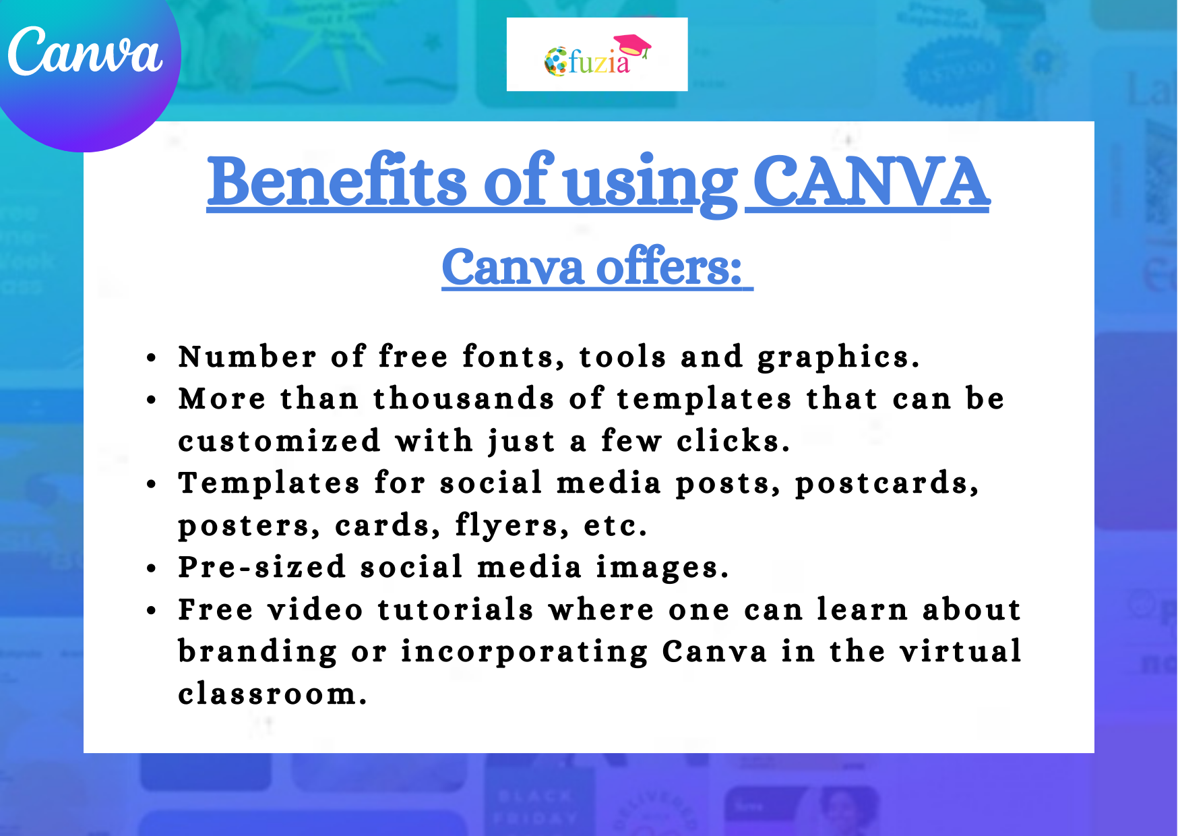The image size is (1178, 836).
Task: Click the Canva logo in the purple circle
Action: tap(85, 53)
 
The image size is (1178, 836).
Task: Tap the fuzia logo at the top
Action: tap(596, 56)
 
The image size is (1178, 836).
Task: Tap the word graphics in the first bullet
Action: tap(837, 357)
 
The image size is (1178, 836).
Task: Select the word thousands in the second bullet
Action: tap(464, 398)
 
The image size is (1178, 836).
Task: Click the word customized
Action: tap(280, 441)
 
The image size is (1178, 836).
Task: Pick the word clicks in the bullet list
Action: tap(733, 441)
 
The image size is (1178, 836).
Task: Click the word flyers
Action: tap(507, 526)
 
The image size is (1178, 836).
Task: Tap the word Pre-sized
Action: tap(262, 567)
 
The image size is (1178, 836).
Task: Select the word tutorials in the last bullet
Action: tap(456, 609)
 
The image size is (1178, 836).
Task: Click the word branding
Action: tap(257, 652)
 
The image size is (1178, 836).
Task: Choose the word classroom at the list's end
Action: tap(272, 694)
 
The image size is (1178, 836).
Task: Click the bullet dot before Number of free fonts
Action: tap(152, 357)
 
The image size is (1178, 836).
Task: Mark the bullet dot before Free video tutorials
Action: tap(152, 610)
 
